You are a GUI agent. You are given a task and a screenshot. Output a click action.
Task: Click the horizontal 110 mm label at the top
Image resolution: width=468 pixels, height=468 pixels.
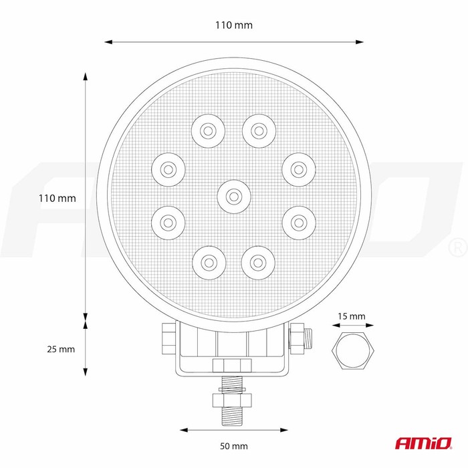pyautogui.click(x=234, y=25)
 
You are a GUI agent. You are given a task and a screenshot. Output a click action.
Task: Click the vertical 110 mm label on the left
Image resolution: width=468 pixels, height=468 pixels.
pyautogui.click(x=57, y=198)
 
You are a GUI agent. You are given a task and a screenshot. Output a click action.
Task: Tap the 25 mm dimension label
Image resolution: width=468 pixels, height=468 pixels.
pyautogui.click(x=61, y=349)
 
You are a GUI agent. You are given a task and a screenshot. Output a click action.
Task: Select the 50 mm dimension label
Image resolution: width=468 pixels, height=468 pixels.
pyautogui.click(x=234, y=446)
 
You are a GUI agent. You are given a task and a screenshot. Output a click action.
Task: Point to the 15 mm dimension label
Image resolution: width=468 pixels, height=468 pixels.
pyautogui.click(x=352, y=316)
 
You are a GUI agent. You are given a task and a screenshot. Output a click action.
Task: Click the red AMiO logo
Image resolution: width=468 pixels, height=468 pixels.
pyautogui.click(x=424, y=443)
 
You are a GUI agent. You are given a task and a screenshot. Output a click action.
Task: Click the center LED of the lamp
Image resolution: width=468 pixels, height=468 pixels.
pyautogui.click(x=234, y=197)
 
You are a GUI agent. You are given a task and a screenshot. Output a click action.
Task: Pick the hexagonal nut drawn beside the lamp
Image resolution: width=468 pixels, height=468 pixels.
pyautogui.click(x=353, y=350)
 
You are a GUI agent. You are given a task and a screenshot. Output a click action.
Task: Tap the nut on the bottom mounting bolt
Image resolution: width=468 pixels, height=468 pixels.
pyautogui.click(x=232, y=400)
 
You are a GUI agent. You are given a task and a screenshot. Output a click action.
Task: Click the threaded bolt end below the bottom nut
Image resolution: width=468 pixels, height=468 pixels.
pyautogui.click(x=232, y=417)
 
